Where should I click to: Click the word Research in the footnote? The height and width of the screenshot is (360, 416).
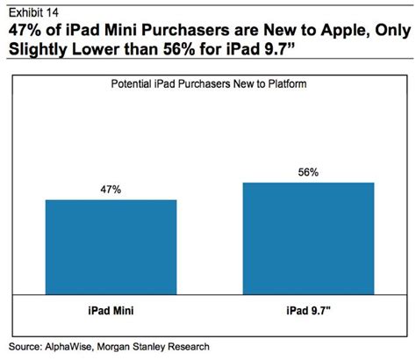pos(218,346)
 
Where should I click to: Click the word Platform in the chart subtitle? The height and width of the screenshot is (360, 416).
pos(289,86)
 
